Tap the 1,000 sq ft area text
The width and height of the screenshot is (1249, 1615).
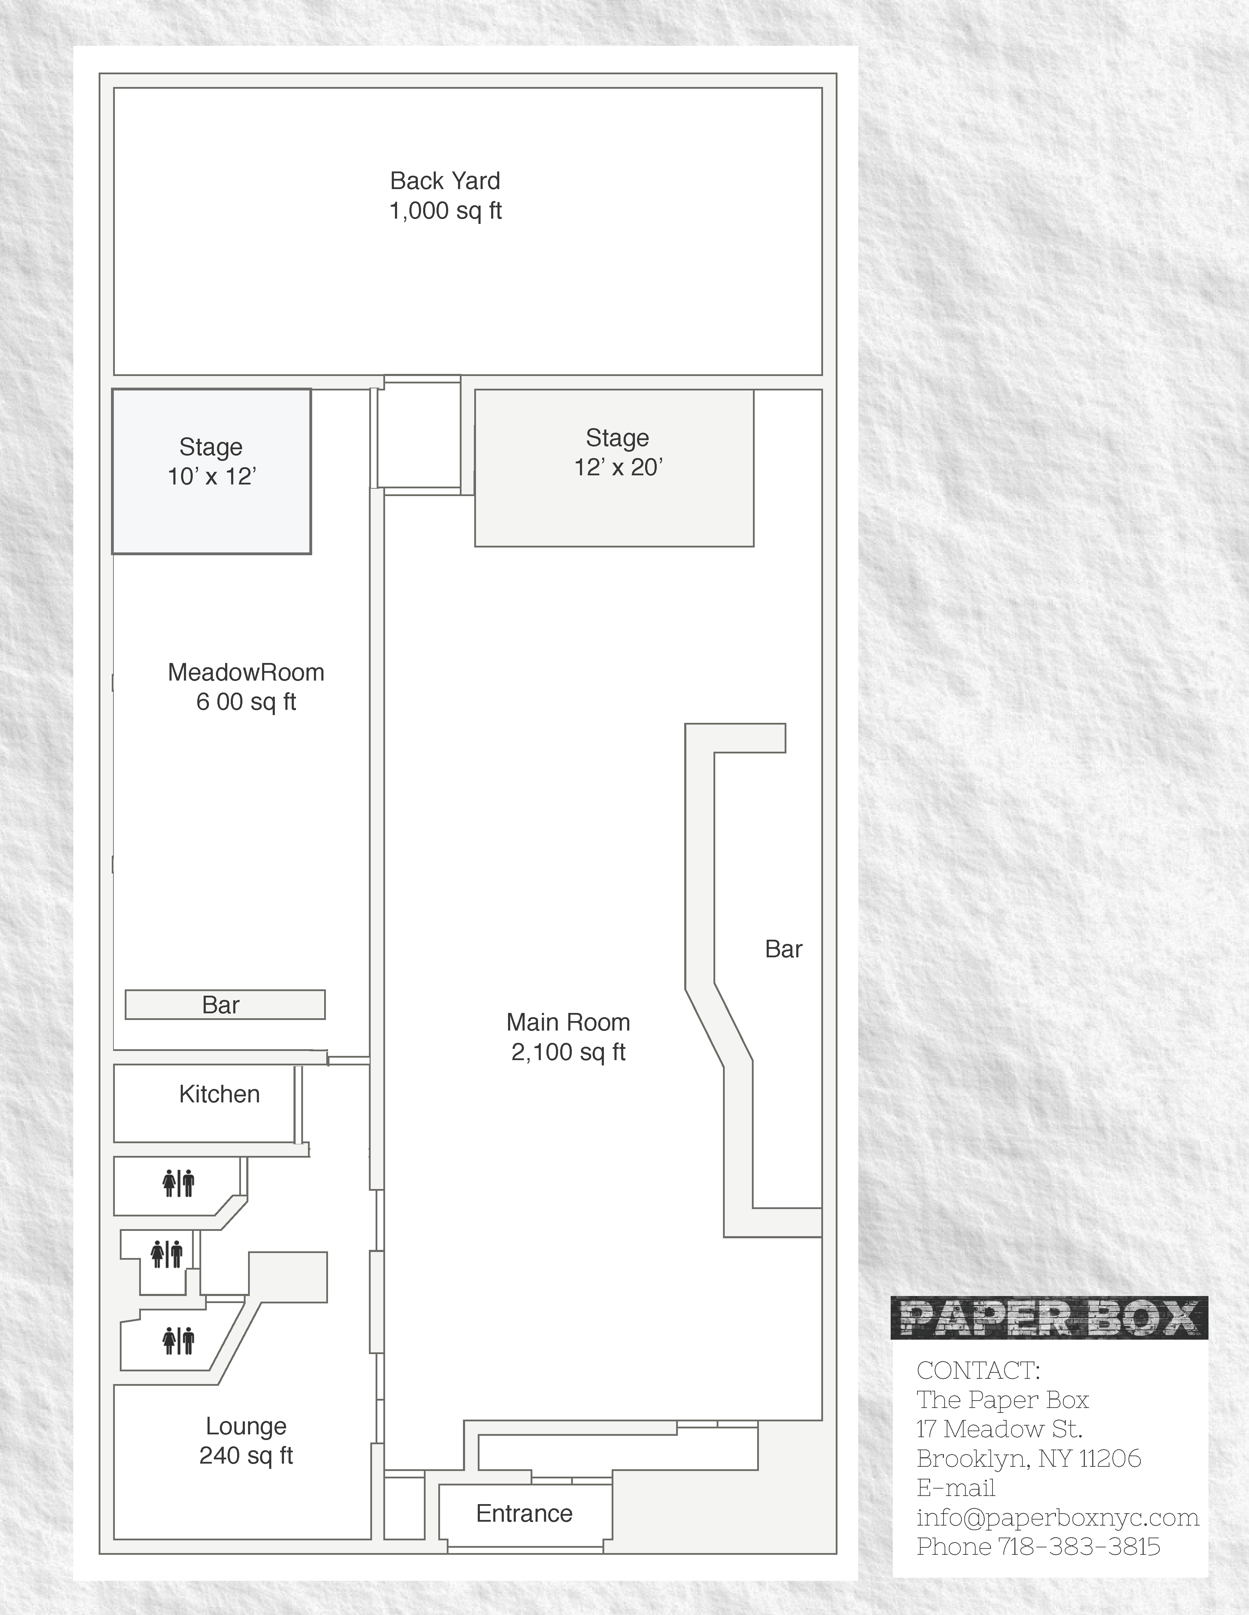pos(445,211)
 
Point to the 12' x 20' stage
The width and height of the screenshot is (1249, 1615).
pos(614,468)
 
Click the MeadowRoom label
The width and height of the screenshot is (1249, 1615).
pos(246,672)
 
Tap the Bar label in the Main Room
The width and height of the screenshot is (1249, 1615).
pos(784,950)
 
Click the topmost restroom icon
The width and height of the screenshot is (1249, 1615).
pos(178,1183)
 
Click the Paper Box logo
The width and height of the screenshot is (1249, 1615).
pos(1049,1318)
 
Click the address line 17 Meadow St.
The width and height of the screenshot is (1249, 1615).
pos(999,1429)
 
